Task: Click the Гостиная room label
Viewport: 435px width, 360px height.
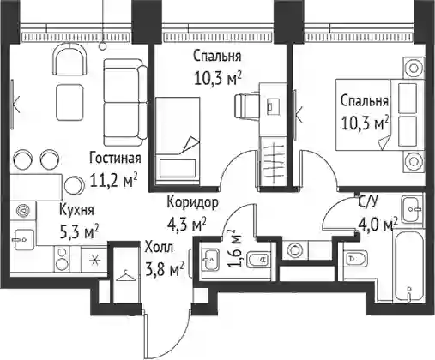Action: pyautogui.click(x=115, y=159)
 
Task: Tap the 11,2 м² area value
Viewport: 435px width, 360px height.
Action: pyautogui.click(x=113, y=180)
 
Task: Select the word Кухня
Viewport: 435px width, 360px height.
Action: pyautogui.click(x=76, y=210)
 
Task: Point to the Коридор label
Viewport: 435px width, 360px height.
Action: pyautogui.click(x=193, y=203)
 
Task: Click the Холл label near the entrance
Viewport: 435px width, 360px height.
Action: pyautogui.click(x=159, y=247)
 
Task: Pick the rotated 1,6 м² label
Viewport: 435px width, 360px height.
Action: pyautogui.click(x=235, y=248)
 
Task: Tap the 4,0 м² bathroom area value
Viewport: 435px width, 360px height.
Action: pyautogui.click(x=378, y=225)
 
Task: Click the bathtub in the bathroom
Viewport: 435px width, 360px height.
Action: pyautogui.click(x=408, y=266)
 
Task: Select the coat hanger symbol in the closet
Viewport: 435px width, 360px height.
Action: pyautogui.click(x=127, y=276)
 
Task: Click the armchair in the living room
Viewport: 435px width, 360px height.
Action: pyautogui.click(x=69, y=59)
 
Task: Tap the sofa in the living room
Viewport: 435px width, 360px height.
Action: pyautogui.click(x=125, y=102)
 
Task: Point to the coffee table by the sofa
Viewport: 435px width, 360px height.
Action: pyautogui.click(x=70, y=103)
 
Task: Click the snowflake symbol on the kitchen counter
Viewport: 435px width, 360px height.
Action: pyautogui.click(x=94, y=261)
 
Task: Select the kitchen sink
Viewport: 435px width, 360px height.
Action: pyautogui.click(x=24, y=239)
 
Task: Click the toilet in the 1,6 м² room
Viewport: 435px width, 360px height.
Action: pyautogui.click(x=257, y=260)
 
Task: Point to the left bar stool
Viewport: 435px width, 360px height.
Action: pyautogui.click(x=22, y=159)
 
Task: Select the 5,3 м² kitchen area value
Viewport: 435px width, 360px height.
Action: pyautogui.click(x=79, y=231)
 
